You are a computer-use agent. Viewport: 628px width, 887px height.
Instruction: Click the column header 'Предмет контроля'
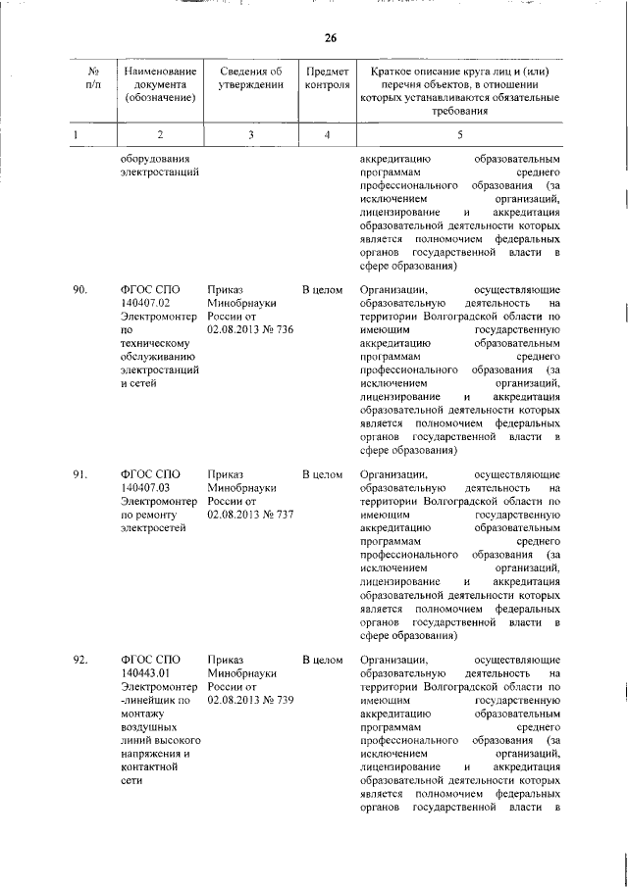pos(327,78)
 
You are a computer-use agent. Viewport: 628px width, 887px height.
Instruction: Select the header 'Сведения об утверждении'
pos(250,78)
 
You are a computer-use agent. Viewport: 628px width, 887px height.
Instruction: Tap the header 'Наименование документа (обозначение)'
pos(160,85)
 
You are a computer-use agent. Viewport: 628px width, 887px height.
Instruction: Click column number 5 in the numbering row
pos(459,134)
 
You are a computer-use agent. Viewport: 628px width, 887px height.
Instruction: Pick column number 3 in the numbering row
pos(250,134)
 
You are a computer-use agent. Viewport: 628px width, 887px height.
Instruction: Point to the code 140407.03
pos(145,488)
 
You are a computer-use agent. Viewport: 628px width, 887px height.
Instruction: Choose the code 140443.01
pos(145,672)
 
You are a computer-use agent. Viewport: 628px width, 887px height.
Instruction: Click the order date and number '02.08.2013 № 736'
pos(250,330)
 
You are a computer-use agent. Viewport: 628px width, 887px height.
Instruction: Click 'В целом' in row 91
pos(322,474)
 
